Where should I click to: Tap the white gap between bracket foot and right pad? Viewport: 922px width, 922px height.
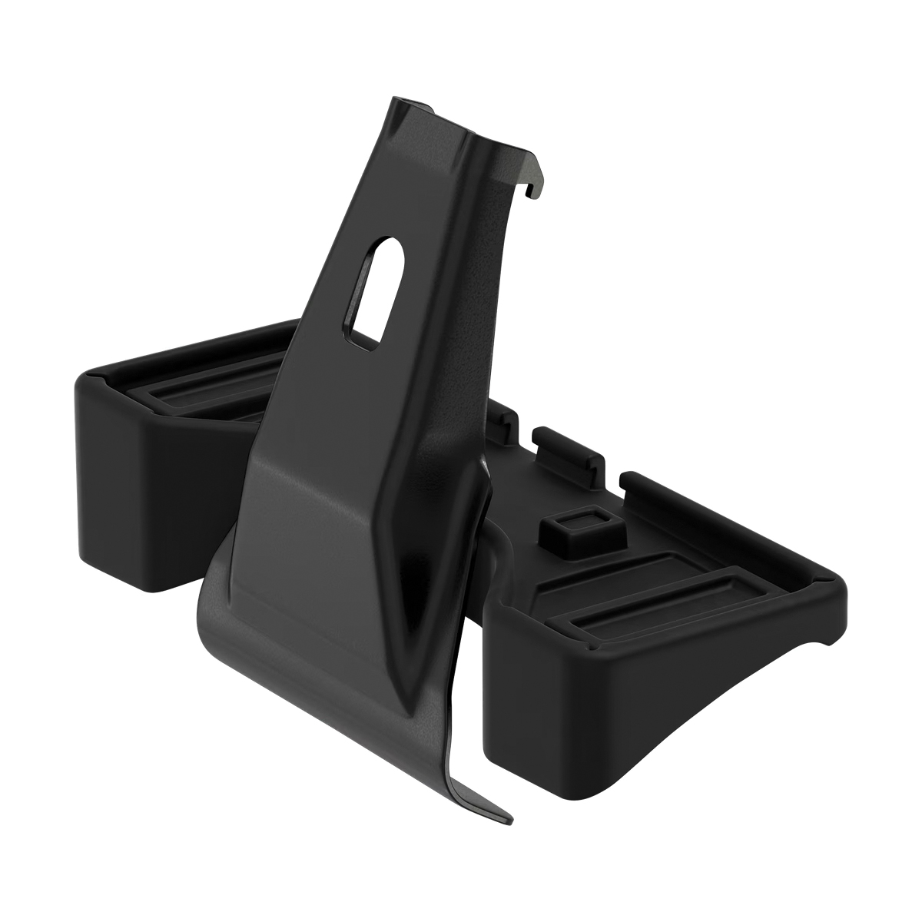pos(475,661)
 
